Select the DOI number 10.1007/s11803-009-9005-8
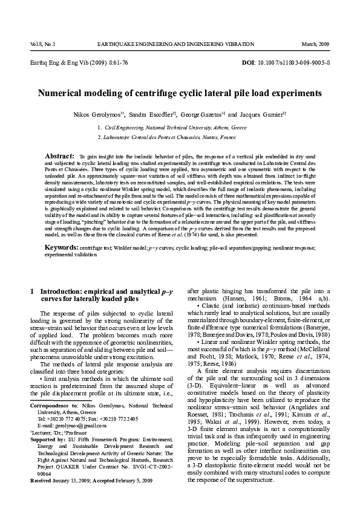click(294, 63)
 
